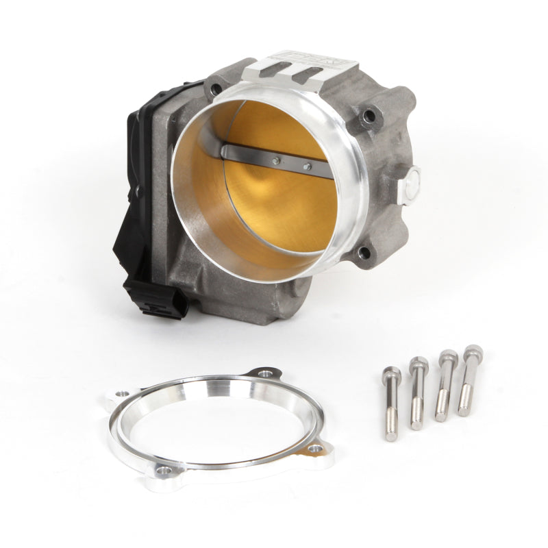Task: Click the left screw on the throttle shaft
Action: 275,162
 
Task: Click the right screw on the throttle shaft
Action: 307,166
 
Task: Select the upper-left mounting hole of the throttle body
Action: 217,88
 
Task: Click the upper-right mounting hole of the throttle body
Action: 370,117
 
